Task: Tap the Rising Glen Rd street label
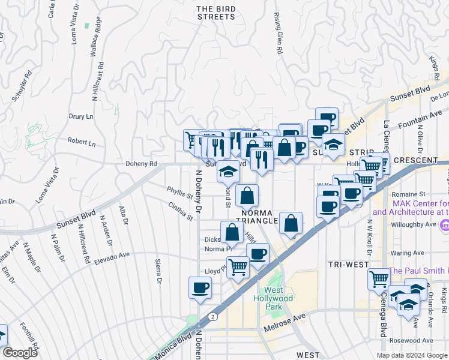tap(278, 34)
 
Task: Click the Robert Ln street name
tap(81, 143)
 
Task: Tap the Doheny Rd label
tap(140, 163)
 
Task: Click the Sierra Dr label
tap(158, 271)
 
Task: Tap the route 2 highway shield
tap(212, 316)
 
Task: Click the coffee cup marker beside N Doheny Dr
tap(200, 287)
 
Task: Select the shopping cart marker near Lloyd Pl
tap(238, 266)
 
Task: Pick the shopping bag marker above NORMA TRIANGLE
tap(247, 194)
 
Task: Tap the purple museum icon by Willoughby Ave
tap(444, 226)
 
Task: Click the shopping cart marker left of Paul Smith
tap(379, 278)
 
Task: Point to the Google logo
tap(19, 353)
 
